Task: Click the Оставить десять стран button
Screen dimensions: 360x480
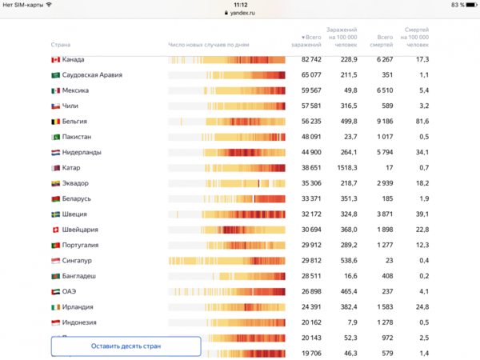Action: [126, 346]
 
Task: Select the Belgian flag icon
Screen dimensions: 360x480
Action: [56, 122]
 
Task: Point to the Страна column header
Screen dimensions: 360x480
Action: [60, 45]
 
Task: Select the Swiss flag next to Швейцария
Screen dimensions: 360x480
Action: [56, 230]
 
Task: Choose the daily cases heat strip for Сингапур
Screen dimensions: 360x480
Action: [227, 261]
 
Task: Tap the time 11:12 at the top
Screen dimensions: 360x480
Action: [240, 5]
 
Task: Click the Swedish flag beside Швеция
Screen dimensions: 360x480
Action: [56, 214]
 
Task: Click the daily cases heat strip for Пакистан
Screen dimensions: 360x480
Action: [227, 137]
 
